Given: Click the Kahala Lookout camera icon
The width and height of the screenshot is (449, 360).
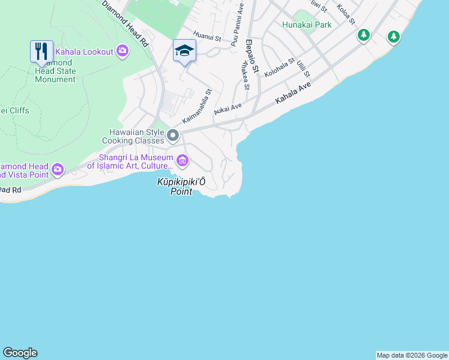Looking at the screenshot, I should tap(122, 52).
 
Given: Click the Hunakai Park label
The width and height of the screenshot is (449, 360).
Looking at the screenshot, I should tap(307, 25).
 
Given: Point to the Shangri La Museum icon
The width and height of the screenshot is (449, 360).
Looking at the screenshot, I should tap(182, 160).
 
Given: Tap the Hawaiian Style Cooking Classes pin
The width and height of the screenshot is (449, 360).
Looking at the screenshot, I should tap(173, 136).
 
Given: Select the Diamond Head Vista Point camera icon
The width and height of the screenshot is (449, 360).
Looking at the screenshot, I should tap(58, 169).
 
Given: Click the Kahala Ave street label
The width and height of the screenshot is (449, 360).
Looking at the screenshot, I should tap(294, 92).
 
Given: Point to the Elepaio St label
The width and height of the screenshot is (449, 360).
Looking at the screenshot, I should tap(252, 56).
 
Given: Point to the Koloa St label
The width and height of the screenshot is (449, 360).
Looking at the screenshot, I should tap(346, 14).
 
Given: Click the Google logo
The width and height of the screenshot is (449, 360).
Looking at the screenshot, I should tap(20, 353).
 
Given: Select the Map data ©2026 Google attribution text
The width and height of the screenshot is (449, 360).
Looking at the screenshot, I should tap(412, 355).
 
